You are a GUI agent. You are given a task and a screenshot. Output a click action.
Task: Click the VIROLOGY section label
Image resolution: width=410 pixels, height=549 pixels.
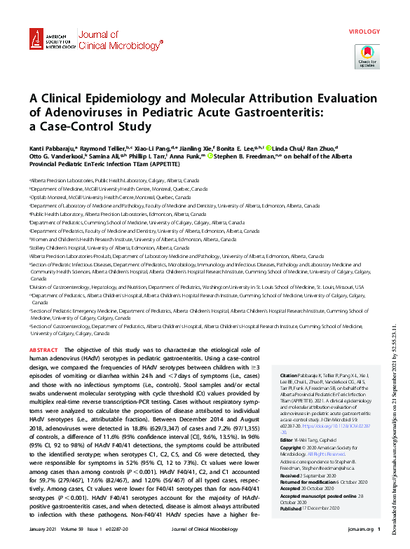coord(364,32)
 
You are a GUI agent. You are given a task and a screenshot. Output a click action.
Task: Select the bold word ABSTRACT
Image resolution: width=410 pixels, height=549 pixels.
coord(44,348)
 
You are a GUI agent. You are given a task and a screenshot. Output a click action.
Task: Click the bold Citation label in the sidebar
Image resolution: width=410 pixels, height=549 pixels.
coord(288,375)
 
